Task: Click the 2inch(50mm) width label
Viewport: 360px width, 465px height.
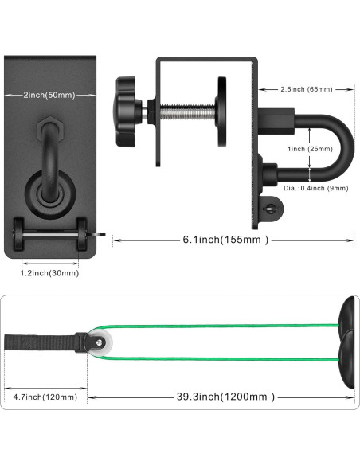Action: (49, 94)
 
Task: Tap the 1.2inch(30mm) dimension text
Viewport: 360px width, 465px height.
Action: (49, 272)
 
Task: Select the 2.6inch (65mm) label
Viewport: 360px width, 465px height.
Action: (307, 89)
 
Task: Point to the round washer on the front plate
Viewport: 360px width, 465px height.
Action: (49, 190)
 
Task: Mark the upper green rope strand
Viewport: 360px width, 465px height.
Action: (223, 326)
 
